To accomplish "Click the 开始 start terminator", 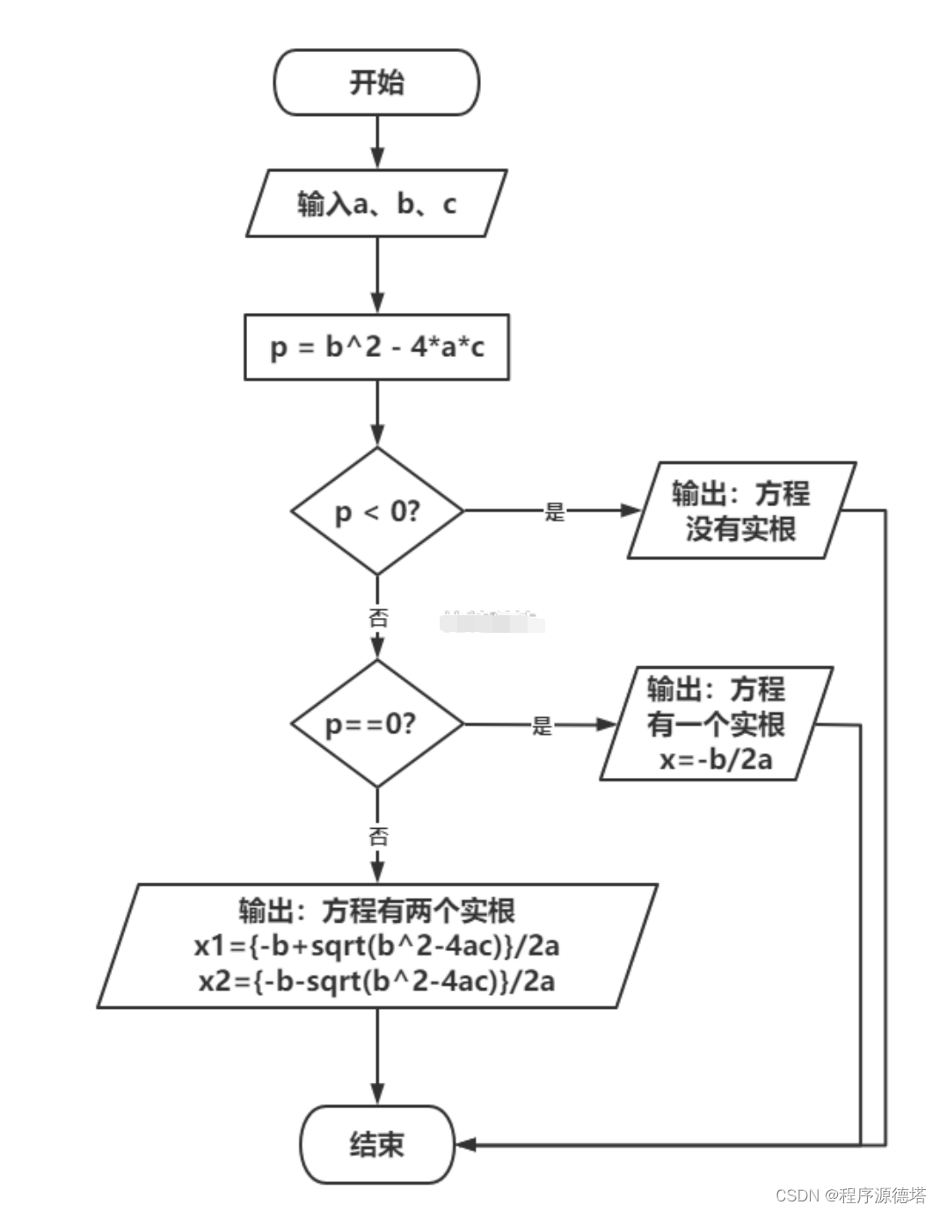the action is [376, 82].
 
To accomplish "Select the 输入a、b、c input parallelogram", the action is [376, 203].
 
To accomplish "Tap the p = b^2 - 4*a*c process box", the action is [376, 347].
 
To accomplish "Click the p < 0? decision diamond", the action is [377, 511].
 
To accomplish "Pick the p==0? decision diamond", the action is [377, 724].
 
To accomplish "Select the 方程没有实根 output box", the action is [741, 510].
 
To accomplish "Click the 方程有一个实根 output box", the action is [717, 723].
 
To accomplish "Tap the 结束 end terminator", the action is [377, 1144].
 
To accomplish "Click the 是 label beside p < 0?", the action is [555, 511].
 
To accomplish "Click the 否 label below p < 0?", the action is [378, 618].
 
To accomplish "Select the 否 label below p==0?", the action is [378, 836].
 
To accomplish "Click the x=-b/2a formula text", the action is [716, 759].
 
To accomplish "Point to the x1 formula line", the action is [376, 946].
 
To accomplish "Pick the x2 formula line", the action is [376, 982].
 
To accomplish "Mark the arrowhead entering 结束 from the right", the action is [466, 1144].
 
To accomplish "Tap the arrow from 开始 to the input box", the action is [378, 142].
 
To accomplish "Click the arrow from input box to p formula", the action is [378, 275].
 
